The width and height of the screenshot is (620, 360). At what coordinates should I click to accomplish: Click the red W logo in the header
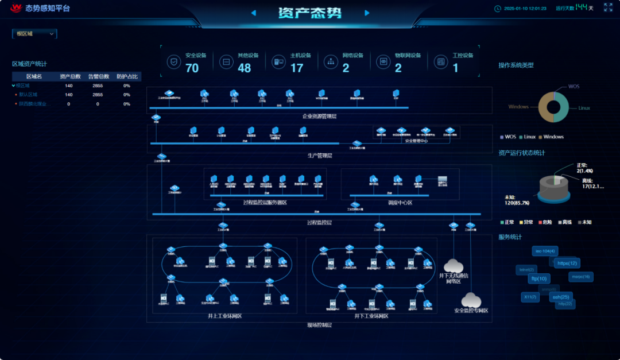15,8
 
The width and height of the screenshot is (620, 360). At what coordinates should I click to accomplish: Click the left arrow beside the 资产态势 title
253,13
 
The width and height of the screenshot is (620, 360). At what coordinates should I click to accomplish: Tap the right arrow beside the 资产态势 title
367,13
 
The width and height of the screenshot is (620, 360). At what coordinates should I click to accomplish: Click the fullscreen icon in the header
608,7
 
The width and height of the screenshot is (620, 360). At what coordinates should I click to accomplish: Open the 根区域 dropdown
35,34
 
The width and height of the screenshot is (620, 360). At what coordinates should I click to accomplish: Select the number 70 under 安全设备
192,68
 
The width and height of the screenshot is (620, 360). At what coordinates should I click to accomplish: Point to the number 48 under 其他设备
245,68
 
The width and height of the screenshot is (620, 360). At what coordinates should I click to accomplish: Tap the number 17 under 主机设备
297,68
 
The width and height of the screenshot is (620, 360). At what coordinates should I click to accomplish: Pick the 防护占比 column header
127,76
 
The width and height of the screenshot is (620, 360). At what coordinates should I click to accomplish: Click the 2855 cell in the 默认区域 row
98,95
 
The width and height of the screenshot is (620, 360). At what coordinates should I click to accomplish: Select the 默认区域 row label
28,95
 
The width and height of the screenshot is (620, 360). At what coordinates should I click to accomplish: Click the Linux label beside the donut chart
584,108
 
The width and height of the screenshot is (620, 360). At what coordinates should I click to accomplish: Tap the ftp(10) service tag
538,278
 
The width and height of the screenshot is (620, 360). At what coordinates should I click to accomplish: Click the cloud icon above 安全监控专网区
471,299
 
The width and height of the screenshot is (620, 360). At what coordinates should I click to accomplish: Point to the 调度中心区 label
400,203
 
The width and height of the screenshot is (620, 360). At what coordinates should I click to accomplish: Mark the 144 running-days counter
582,7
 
